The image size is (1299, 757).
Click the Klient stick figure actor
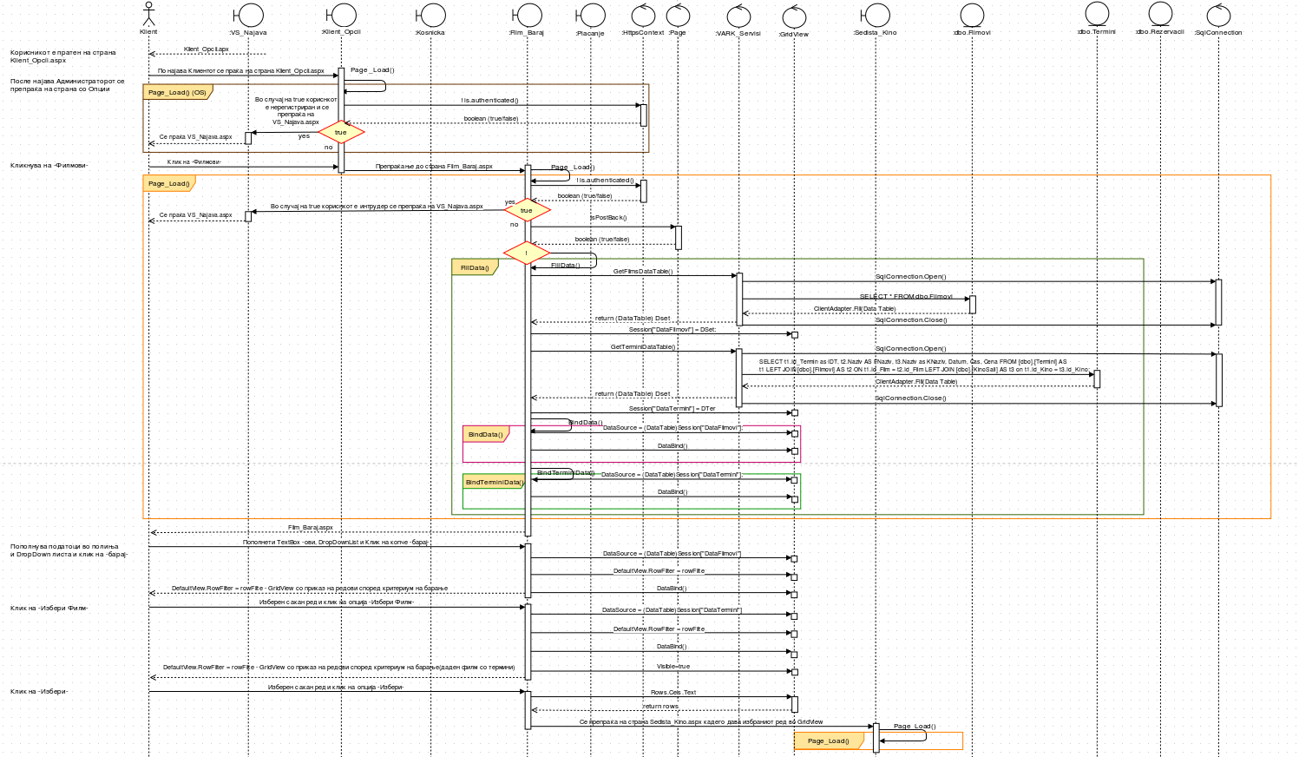pyautogui.click(x=148, y=15)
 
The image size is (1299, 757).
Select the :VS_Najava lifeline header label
pyautogui.click(x=248, y=33)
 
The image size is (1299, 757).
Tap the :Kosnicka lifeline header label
pyautogui.click(x=430, y=33)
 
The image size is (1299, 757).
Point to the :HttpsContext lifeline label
pyautogui.click(x=643, y=33)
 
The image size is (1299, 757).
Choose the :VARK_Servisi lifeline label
pyautogui.click(x=738, y=34)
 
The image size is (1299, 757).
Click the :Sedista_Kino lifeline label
pyautogui.click(x=875, y=33)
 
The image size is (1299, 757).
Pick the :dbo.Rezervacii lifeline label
pyautogui.click(x=1159, y=32)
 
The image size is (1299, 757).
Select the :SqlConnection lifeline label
pyautogui.click(x=1218, y=33)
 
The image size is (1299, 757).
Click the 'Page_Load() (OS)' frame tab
pyautogui.click(x=177, y=92)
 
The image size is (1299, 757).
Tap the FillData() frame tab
pyautogui.click(x=475, y=268)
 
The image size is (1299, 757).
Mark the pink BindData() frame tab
pyautogui.click(x=485, y=434)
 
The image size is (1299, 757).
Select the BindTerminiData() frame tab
pyautogui.click(x=494, y=482)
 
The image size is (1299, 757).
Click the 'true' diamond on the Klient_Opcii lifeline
pyautogui.click(x=341, y=133)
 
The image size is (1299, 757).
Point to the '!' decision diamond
pyautogui.click(x=526, y=253)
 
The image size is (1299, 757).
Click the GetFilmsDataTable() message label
pyautogui.click(x=643, y=272)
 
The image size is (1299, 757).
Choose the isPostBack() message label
pyautogui.click(x=608, y=218)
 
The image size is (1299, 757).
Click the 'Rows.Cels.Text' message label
pyautogui.click(x=673, y=693)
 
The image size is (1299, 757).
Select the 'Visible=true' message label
pyautogui.click(x=673, y=667)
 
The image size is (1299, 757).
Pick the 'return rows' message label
pyautogui.click(x=660, y=707)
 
